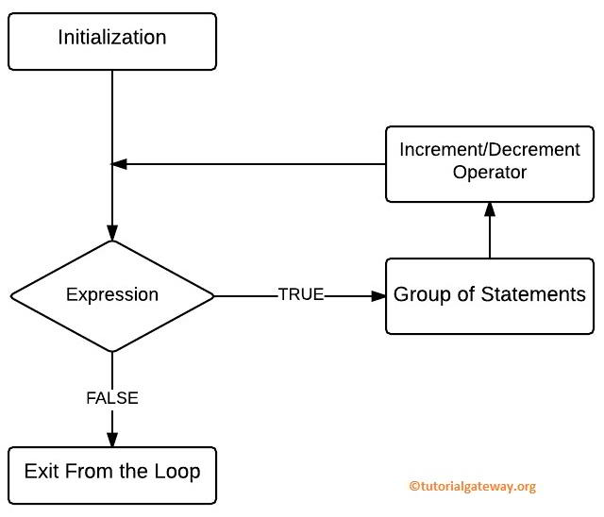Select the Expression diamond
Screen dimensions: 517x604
point(112,295)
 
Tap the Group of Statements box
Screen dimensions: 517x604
point(489,295)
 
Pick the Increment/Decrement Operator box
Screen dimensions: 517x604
point(489,162)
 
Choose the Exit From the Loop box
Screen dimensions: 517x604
point(112,471)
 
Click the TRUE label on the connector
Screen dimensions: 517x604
point(301,294)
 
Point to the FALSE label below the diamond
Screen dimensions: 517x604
point(112,398)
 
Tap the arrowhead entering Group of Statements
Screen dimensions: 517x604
point(379,295)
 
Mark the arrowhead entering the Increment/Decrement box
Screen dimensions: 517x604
point(489,209)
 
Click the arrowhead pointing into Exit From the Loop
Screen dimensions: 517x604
point(112,439)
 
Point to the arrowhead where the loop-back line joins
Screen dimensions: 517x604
point(119,164)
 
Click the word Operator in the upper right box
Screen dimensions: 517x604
point(489,173)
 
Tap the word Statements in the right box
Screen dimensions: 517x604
point(533,294)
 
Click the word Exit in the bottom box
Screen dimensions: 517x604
point(41,471)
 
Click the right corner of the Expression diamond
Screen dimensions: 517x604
point(214,295)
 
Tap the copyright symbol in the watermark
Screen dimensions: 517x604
point(413,487)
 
